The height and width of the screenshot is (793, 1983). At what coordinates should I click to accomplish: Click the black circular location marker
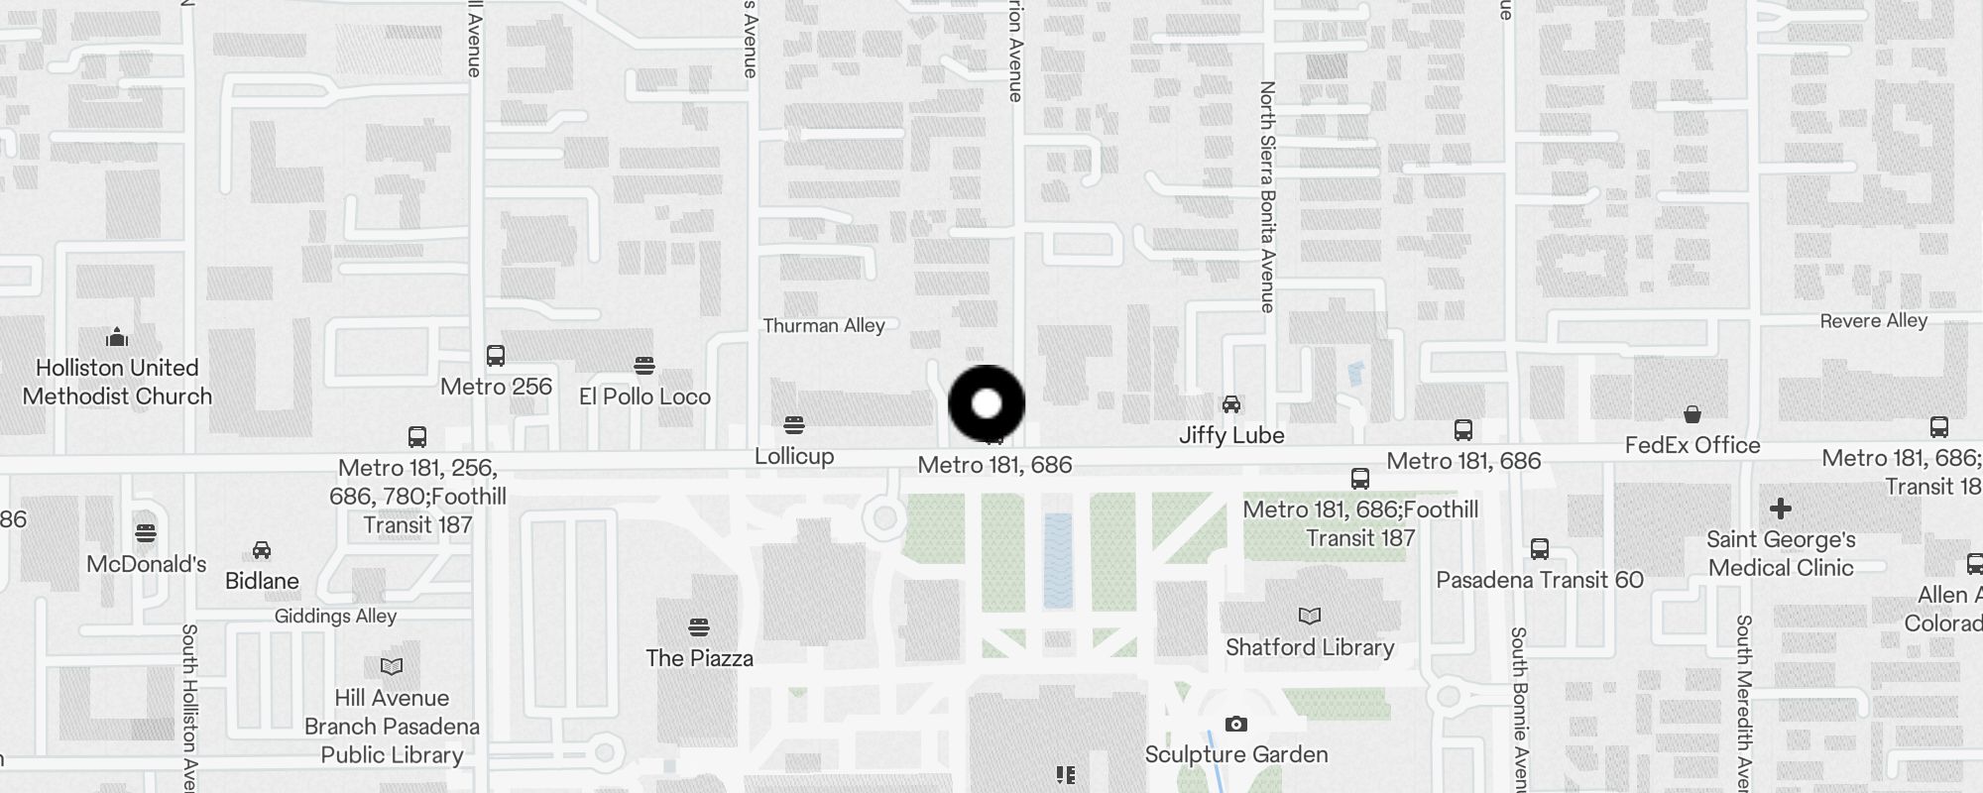987,403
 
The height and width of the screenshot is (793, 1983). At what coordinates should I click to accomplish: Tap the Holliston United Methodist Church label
117,383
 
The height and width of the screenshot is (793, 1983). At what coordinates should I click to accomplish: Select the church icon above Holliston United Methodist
117,337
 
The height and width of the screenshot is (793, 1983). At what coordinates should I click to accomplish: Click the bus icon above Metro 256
496,355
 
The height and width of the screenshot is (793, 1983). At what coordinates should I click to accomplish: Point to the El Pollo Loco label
644,396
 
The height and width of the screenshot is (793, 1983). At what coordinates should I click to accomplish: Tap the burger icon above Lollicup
793,425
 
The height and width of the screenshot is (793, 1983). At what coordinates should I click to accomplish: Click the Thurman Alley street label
823,325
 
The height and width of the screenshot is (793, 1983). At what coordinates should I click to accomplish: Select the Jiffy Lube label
1231,435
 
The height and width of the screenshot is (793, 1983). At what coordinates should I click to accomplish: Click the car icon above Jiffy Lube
1231,403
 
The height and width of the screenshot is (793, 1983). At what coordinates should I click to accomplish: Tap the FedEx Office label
1692,445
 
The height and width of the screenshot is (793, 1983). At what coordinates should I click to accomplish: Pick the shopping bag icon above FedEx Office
1692,413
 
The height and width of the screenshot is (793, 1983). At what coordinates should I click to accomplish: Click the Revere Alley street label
1873,320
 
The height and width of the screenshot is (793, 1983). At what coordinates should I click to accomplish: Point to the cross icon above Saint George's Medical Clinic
1781,509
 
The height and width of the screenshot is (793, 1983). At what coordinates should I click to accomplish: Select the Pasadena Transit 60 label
1540,580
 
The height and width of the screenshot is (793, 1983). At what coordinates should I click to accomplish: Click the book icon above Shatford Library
1310,616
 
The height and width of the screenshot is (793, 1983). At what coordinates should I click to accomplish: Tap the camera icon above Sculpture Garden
1235,724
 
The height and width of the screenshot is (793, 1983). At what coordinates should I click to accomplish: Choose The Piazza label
699,658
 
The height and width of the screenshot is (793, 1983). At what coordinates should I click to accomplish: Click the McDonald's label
146,564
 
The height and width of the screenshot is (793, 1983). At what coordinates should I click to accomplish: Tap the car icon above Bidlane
262,549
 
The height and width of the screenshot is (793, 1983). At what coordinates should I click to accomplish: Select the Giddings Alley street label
335,616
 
